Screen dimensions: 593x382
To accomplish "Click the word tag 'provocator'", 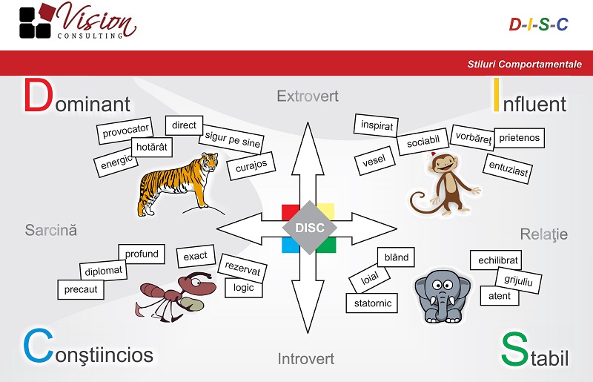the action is (125, 131).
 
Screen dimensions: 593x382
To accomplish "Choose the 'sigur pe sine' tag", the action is (231, 139).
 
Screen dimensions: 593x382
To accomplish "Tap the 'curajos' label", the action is (251, 166).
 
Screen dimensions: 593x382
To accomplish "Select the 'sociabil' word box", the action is (423, 142).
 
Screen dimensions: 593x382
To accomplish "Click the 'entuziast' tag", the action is (508, 169).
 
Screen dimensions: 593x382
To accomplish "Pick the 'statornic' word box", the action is (372, 303).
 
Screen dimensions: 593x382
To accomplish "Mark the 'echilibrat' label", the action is (497, 260).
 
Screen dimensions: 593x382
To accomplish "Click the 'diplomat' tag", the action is (103, 271).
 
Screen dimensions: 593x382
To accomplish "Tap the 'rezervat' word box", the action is (242, 268).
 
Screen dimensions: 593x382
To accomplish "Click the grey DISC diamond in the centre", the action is (309, 228).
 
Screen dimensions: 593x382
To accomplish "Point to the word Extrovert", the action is (308, 96).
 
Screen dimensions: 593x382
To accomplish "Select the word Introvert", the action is (306, 359).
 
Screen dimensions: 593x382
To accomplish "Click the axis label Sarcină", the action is (51, 230).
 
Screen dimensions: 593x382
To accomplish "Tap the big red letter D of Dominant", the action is (38, 96).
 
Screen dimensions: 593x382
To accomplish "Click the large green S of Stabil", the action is (514, 349).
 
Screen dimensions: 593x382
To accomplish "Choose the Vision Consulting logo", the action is (78, 21).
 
